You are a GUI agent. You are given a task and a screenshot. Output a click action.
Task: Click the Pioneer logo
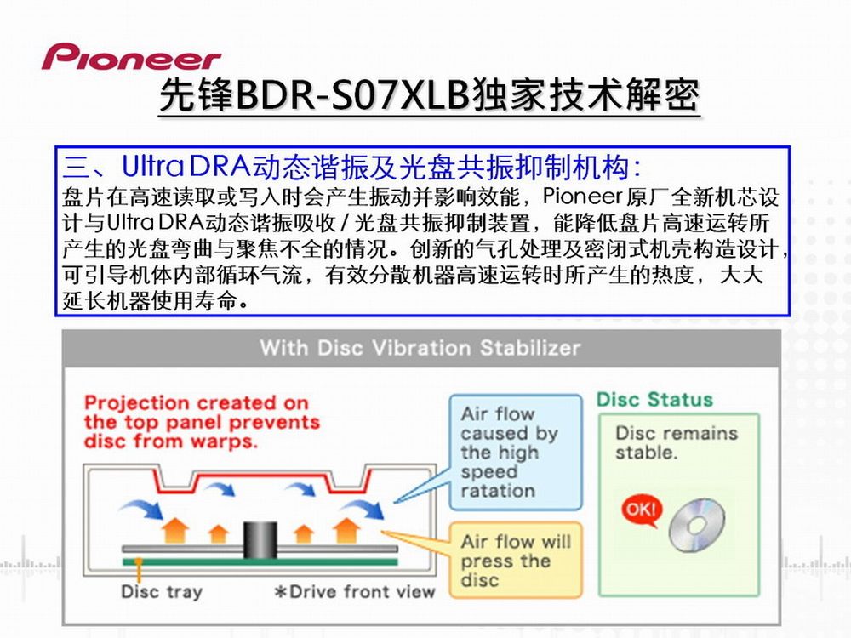[x=131, y=57]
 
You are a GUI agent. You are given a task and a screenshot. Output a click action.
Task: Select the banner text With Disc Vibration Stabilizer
[x=420, y=348]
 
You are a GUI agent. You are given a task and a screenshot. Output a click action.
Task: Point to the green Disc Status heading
[x=654, y=400]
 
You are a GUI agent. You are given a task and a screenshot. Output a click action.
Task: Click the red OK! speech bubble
[x=642, y=510]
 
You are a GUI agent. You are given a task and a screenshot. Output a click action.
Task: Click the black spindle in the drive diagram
[x=260, y=540]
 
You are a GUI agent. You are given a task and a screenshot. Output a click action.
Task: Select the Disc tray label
[x=162, y=591]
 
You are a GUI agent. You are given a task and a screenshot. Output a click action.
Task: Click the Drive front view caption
[x=355, y=591]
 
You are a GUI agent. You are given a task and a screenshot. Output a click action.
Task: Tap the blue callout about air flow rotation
[x=516, y=453]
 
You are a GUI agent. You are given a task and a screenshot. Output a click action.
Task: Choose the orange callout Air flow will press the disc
[x=516, y=561]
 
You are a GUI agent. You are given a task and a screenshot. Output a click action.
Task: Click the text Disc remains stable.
[x=677, y=442]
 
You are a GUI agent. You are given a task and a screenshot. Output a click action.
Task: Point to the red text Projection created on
[x=197, y=403]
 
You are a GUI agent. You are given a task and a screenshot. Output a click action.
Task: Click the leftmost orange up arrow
[x=175, y=529]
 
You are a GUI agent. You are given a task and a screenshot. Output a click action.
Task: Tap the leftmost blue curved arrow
[x=141, y=510]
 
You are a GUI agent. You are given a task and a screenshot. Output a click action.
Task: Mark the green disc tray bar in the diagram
[x=260, y=562]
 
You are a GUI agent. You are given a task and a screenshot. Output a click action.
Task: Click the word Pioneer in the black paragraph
[x=582, y=196]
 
